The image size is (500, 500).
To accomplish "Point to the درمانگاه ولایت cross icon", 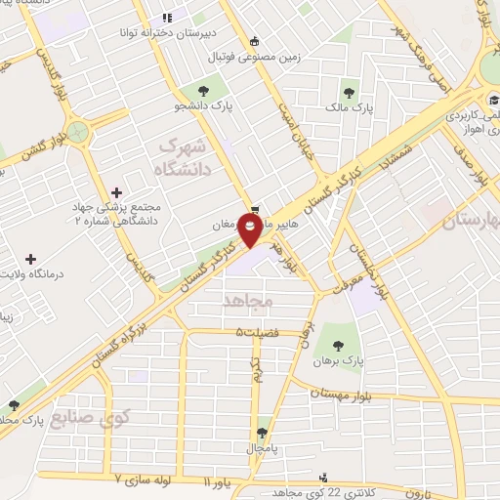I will [x=32, y=261].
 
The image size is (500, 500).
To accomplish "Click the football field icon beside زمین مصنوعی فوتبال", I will [x=256, y=41].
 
